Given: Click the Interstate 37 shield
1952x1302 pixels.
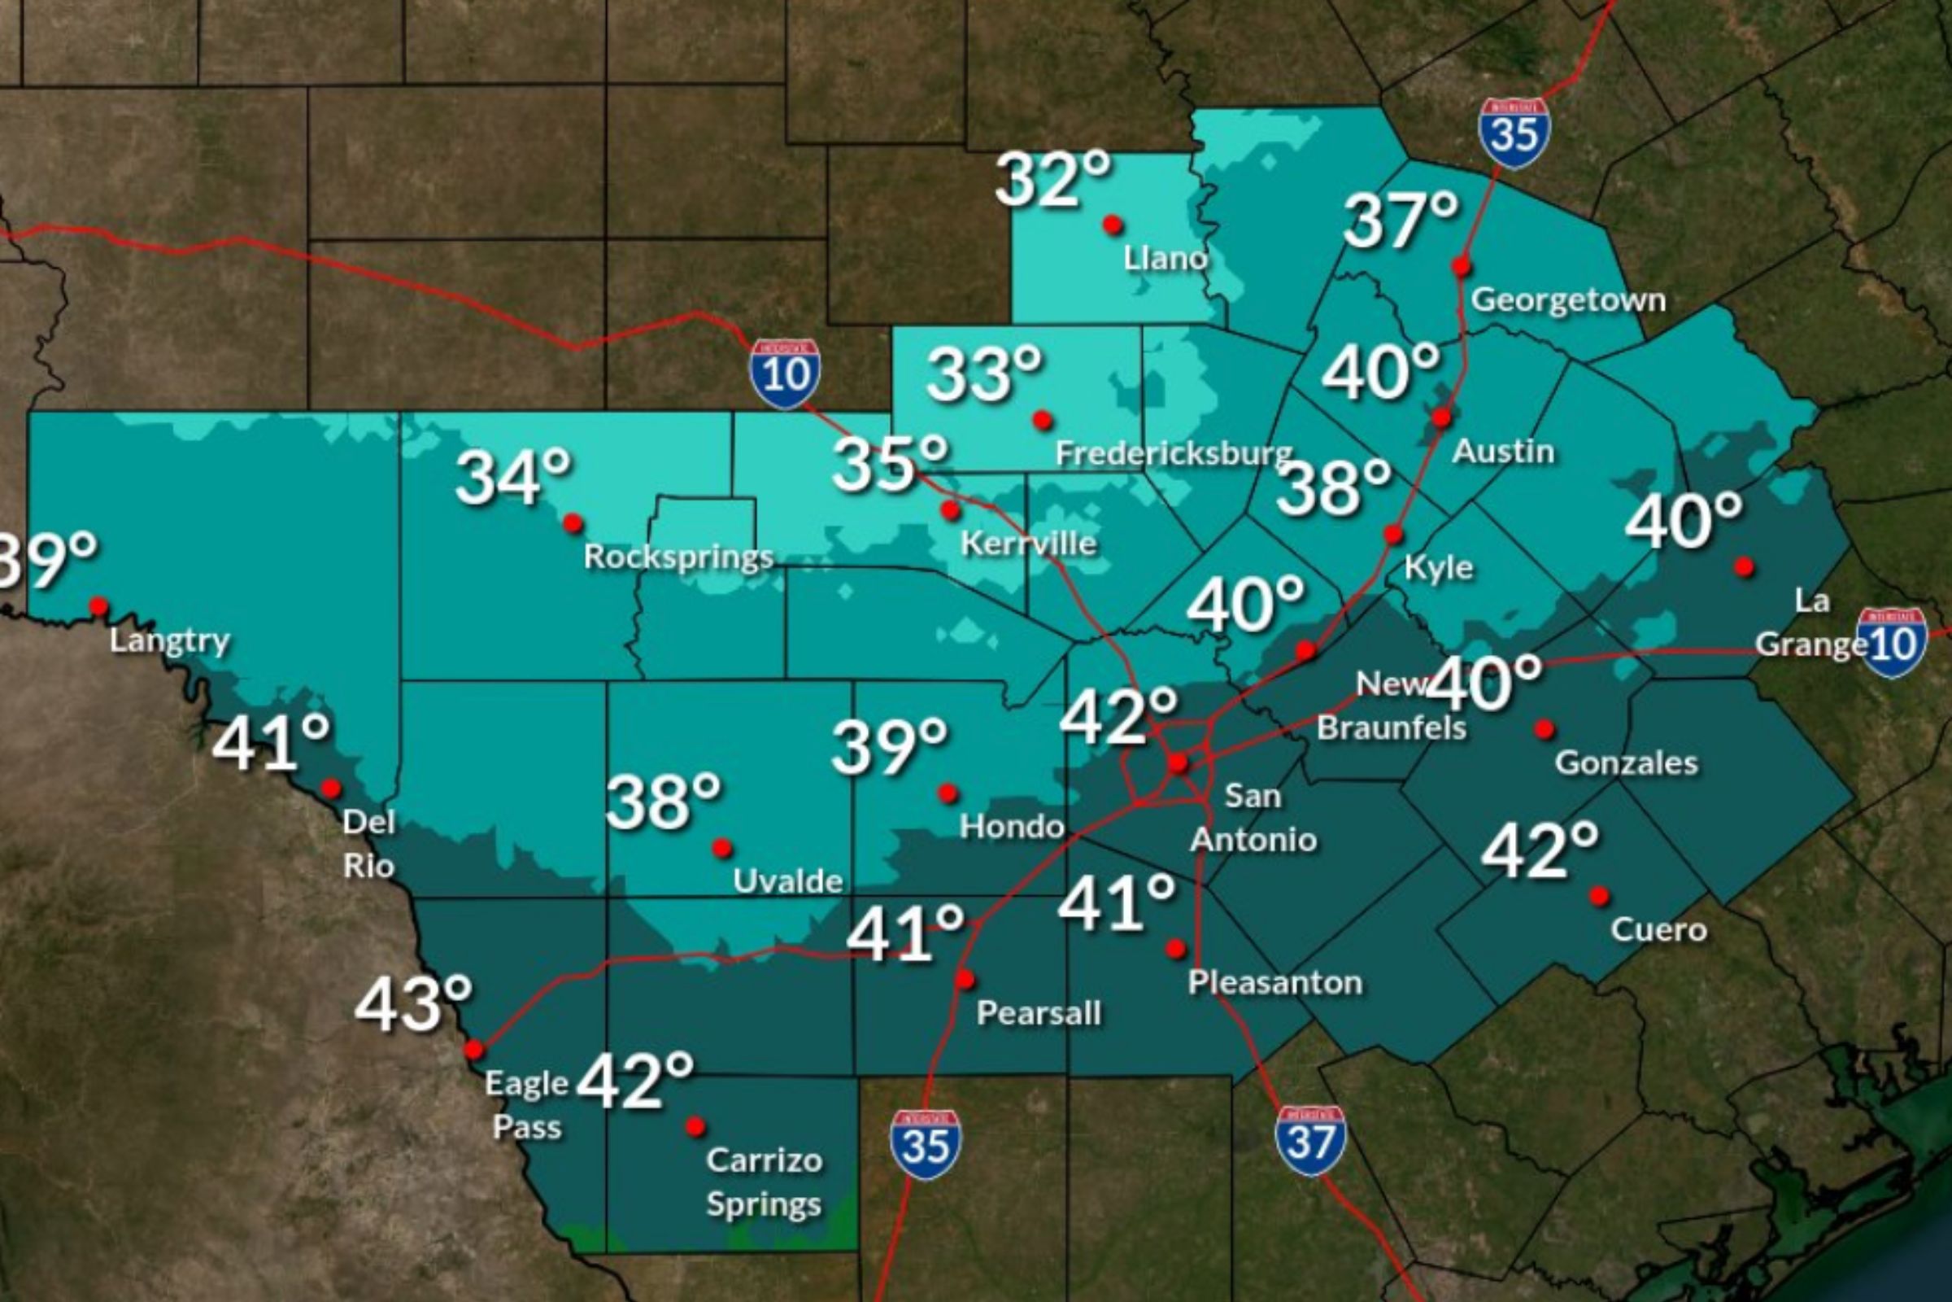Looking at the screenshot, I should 1310,1141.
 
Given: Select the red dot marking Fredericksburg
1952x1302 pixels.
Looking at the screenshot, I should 1043,420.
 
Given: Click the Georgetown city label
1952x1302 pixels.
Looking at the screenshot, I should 1568,299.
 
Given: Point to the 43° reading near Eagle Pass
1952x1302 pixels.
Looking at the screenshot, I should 413,1004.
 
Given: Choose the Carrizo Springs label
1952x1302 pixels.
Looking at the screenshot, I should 764,1182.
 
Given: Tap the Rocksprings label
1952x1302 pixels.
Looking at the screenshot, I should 679,557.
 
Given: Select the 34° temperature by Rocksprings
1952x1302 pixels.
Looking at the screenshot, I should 513,478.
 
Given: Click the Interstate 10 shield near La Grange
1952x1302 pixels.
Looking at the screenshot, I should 1893,642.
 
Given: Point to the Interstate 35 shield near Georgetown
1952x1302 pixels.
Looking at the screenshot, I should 1514,133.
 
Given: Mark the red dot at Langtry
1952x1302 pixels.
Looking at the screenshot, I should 98,607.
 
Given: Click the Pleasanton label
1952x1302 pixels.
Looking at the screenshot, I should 1274,983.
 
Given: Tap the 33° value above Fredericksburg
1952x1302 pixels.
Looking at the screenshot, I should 983,374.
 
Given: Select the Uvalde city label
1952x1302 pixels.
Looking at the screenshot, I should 787,881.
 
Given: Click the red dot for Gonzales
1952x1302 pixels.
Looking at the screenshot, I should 1544,729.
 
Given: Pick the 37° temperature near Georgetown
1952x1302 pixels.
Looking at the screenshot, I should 1400,220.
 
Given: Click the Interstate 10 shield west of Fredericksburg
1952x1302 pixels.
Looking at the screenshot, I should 784,374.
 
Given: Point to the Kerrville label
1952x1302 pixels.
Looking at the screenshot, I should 1028,544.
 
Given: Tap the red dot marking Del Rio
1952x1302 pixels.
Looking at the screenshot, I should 331,787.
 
